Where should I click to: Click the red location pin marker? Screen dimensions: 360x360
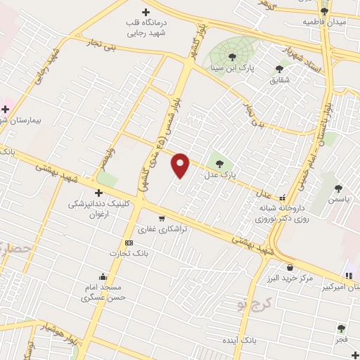[181, 165]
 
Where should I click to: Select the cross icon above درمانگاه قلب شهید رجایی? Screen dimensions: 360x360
[146, 12]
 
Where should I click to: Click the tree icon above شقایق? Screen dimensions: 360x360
[279, 69]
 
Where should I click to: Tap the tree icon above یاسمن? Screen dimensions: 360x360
[339, 188]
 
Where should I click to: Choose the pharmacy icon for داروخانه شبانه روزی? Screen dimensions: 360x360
[283, 198]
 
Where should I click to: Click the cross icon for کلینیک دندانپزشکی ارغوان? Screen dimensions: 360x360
[98, 193]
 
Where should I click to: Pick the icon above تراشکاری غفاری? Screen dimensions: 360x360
[163, 218]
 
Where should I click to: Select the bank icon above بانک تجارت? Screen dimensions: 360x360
[128, 243]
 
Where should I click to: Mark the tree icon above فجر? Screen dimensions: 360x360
[341, 328]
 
